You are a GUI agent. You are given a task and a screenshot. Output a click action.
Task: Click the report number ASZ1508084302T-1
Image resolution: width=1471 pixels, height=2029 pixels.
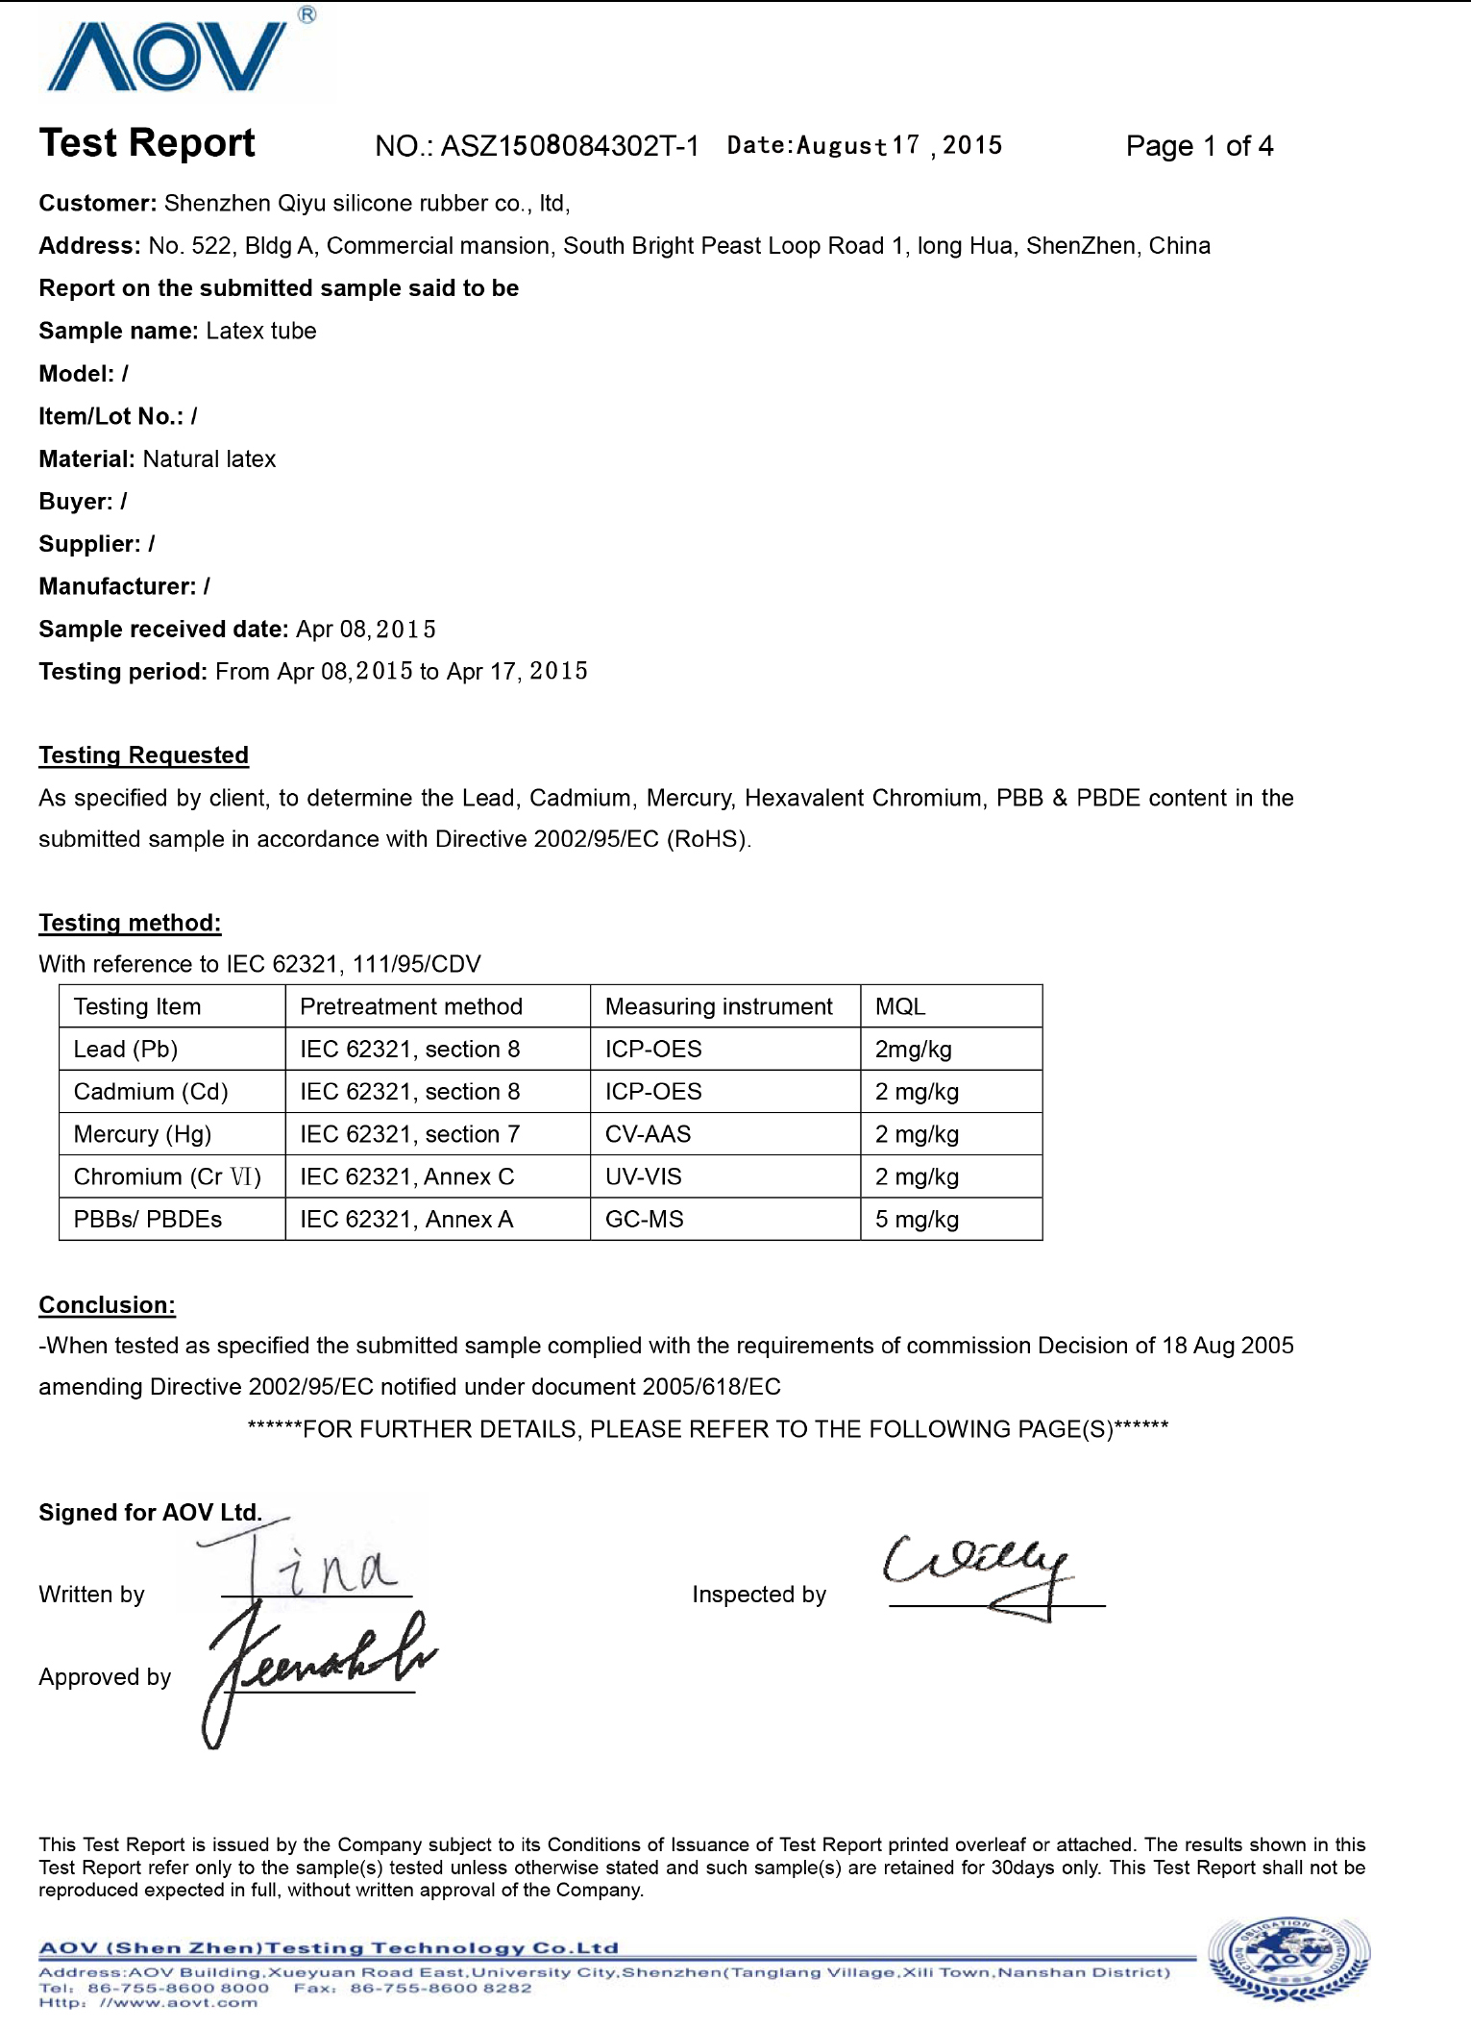click(569, 146)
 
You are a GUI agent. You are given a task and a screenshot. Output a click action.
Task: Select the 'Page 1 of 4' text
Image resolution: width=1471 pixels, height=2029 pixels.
click(1199, 146)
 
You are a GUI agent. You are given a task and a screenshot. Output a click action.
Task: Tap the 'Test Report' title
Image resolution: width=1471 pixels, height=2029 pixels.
click(147, 143)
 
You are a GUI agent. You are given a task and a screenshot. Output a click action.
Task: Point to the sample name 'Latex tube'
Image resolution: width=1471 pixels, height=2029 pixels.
click(260, 331)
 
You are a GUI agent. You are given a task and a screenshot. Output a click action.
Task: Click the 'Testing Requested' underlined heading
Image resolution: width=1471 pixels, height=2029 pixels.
click(143, 755)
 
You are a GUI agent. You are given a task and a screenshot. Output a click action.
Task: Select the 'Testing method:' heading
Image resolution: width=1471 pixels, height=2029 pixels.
click(130, 923)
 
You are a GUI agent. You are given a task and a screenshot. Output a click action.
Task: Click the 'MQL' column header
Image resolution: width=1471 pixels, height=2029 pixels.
click(900, 1006)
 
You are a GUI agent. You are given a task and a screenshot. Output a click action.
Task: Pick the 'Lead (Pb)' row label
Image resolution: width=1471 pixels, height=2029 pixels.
click(126, 1049)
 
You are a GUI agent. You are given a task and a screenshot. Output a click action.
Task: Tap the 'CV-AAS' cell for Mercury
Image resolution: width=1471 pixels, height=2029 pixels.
click(648, 1134)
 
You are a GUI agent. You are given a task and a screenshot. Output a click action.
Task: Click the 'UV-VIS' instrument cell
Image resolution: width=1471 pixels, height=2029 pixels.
click(643, 1176)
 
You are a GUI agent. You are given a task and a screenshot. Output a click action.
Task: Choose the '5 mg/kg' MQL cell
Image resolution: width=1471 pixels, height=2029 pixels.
click(917, 1220)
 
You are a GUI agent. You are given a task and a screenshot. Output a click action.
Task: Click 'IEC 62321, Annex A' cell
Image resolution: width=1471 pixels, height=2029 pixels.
click(406, 1220)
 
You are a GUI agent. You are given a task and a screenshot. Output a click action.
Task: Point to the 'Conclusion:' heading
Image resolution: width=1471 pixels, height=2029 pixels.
click(107, 1305)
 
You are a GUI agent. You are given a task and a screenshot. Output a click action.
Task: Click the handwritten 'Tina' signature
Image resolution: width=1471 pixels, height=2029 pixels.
click(307, 1562)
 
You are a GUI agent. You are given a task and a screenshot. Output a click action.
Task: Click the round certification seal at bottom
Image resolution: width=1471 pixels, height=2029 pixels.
click(1288, 1960)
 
